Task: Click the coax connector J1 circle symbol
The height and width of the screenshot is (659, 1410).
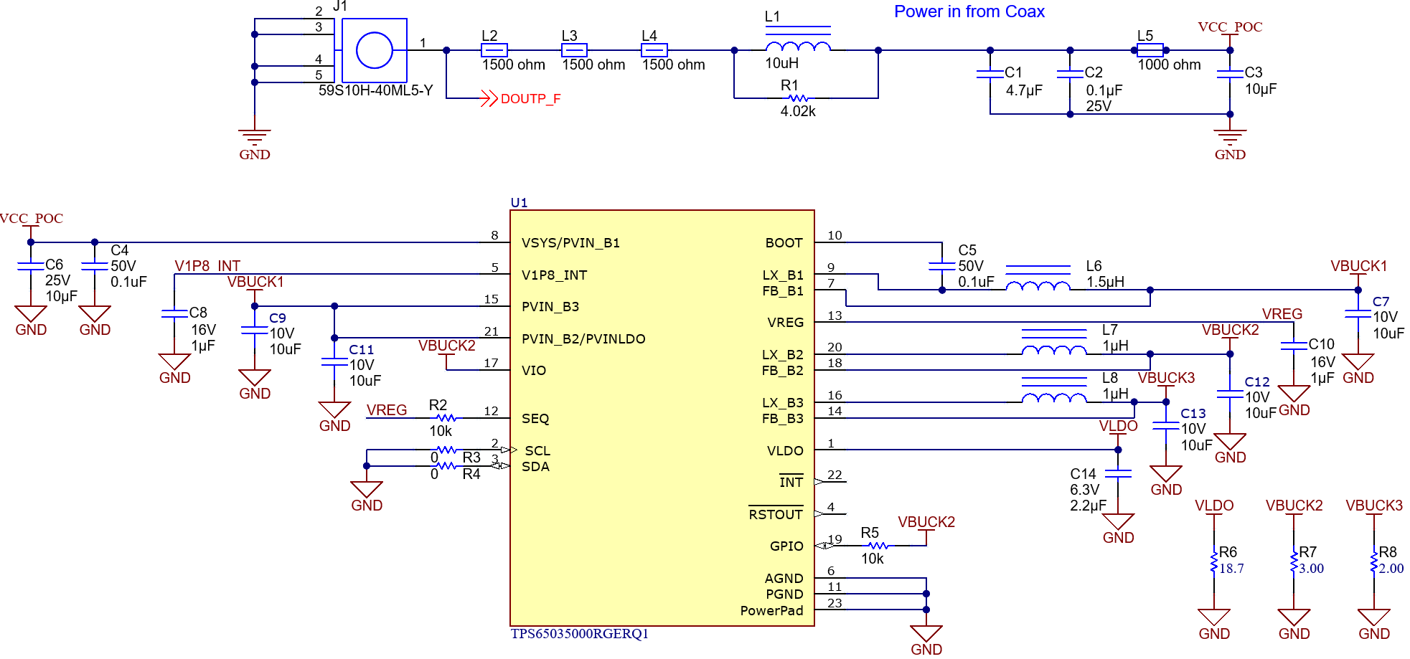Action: pyautogui.click(x=374, y=50)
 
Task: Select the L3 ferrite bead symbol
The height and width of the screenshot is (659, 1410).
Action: pyautogui.click(x=574, y=50)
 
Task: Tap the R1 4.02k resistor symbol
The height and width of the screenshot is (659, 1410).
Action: pyautogui.click(x=797, y=98)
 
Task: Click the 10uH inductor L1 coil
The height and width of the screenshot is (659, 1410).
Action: pyautogui.click(x=798, y=47)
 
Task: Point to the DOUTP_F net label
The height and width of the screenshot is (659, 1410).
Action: pyautogui.click(x=530, y=99)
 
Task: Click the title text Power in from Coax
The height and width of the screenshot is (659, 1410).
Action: pyautogui.click(x=969, y=11)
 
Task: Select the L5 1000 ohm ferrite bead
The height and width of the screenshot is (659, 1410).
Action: pyautogui.click(x=1150, y=50)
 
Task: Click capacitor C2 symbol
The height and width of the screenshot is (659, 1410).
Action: pyautogui.click(x=1070, y=74)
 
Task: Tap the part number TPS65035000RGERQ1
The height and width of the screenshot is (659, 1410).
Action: pyautogui.click(x=579, y=634)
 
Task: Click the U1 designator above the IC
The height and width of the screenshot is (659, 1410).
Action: pyautogui.click(x=519, y=203)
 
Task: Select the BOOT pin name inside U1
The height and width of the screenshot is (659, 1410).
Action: pyautogui.click(x=784, y=243)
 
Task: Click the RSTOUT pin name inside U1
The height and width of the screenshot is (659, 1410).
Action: pyautogui.click(x=775, y=514)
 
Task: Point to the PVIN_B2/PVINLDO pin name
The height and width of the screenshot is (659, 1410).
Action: pyautogui.click(x=583, y=338)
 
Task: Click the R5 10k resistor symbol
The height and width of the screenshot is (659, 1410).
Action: pyautogui.click(x=878, y=546)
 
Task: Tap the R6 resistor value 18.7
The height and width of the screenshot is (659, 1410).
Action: pyautogui.click(x=1231, y=569)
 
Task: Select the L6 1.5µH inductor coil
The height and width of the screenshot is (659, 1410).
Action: pyautogui.click(x=1038, y=285)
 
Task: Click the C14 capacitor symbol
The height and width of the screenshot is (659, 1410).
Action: pyautogui.click(x=1118, y=473)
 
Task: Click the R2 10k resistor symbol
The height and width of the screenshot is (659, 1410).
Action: pyautogui.click(x=446, y=418)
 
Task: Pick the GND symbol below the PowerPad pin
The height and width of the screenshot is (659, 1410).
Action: pyautogui.click(x=926, y=635)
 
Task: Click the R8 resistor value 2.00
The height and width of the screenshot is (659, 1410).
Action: pyautogui.click(x=1391, y=569)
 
